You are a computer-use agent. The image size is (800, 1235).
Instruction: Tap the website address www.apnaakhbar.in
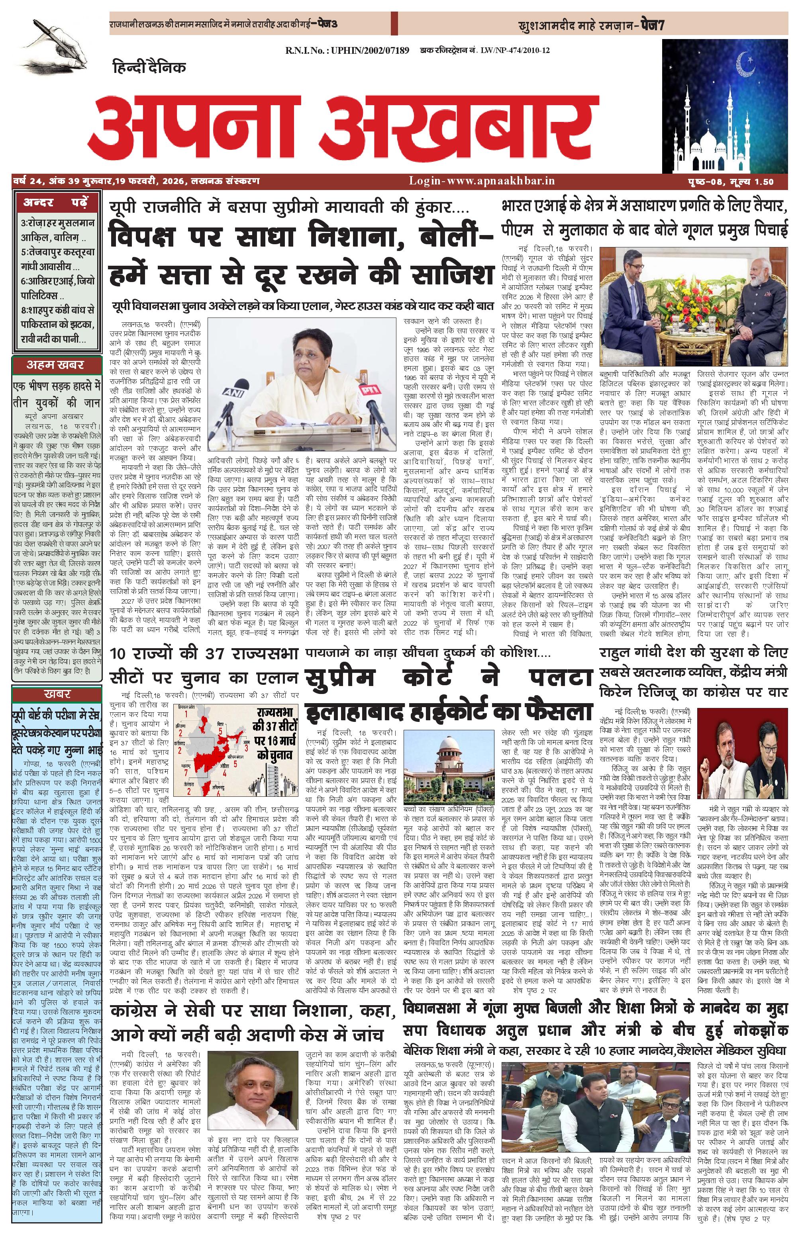(x=482, y=181)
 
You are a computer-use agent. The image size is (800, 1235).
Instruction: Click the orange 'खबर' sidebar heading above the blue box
(x=57, y=694)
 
